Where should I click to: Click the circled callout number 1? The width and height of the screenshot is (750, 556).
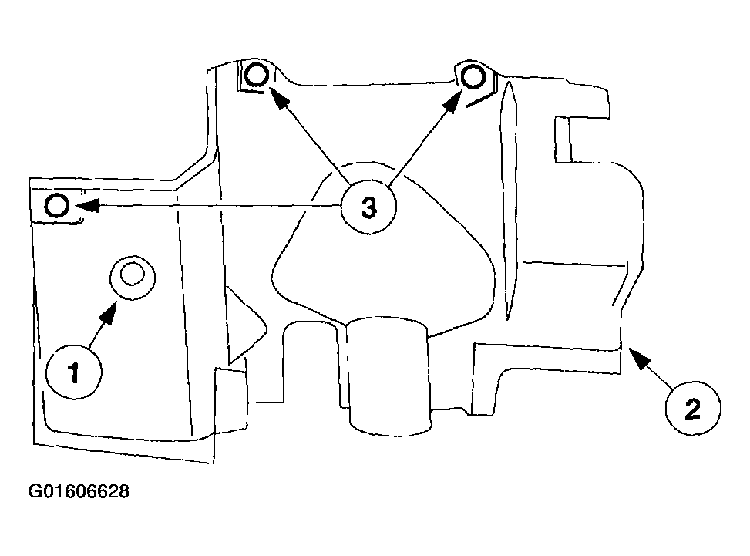tap(74, 371)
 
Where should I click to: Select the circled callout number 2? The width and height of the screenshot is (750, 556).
tap(693, 408)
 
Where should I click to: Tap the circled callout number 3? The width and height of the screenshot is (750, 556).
tap(368, 207)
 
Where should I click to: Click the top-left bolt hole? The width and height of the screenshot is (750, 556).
tap(257, 75)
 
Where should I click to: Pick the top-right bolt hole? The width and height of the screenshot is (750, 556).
tap(473, 76)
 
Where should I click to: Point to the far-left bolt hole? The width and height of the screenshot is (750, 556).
tap(57, 206)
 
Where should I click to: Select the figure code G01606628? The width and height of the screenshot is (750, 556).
tap(79, 491)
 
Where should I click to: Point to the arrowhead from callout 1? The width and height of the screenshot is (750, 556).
tap(109, 313)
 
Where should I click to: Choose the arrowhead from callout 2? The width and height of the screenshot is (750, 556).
tap(639, 357)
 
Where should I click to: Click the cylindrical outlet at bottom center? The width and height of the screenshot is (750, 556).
tap(389, 376)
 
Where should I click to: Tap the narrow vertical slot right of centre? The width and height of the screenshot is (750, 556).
tap(509, 200)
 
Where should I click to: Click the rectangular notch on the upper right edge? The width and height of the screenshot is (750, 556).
tap(563, 139)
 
